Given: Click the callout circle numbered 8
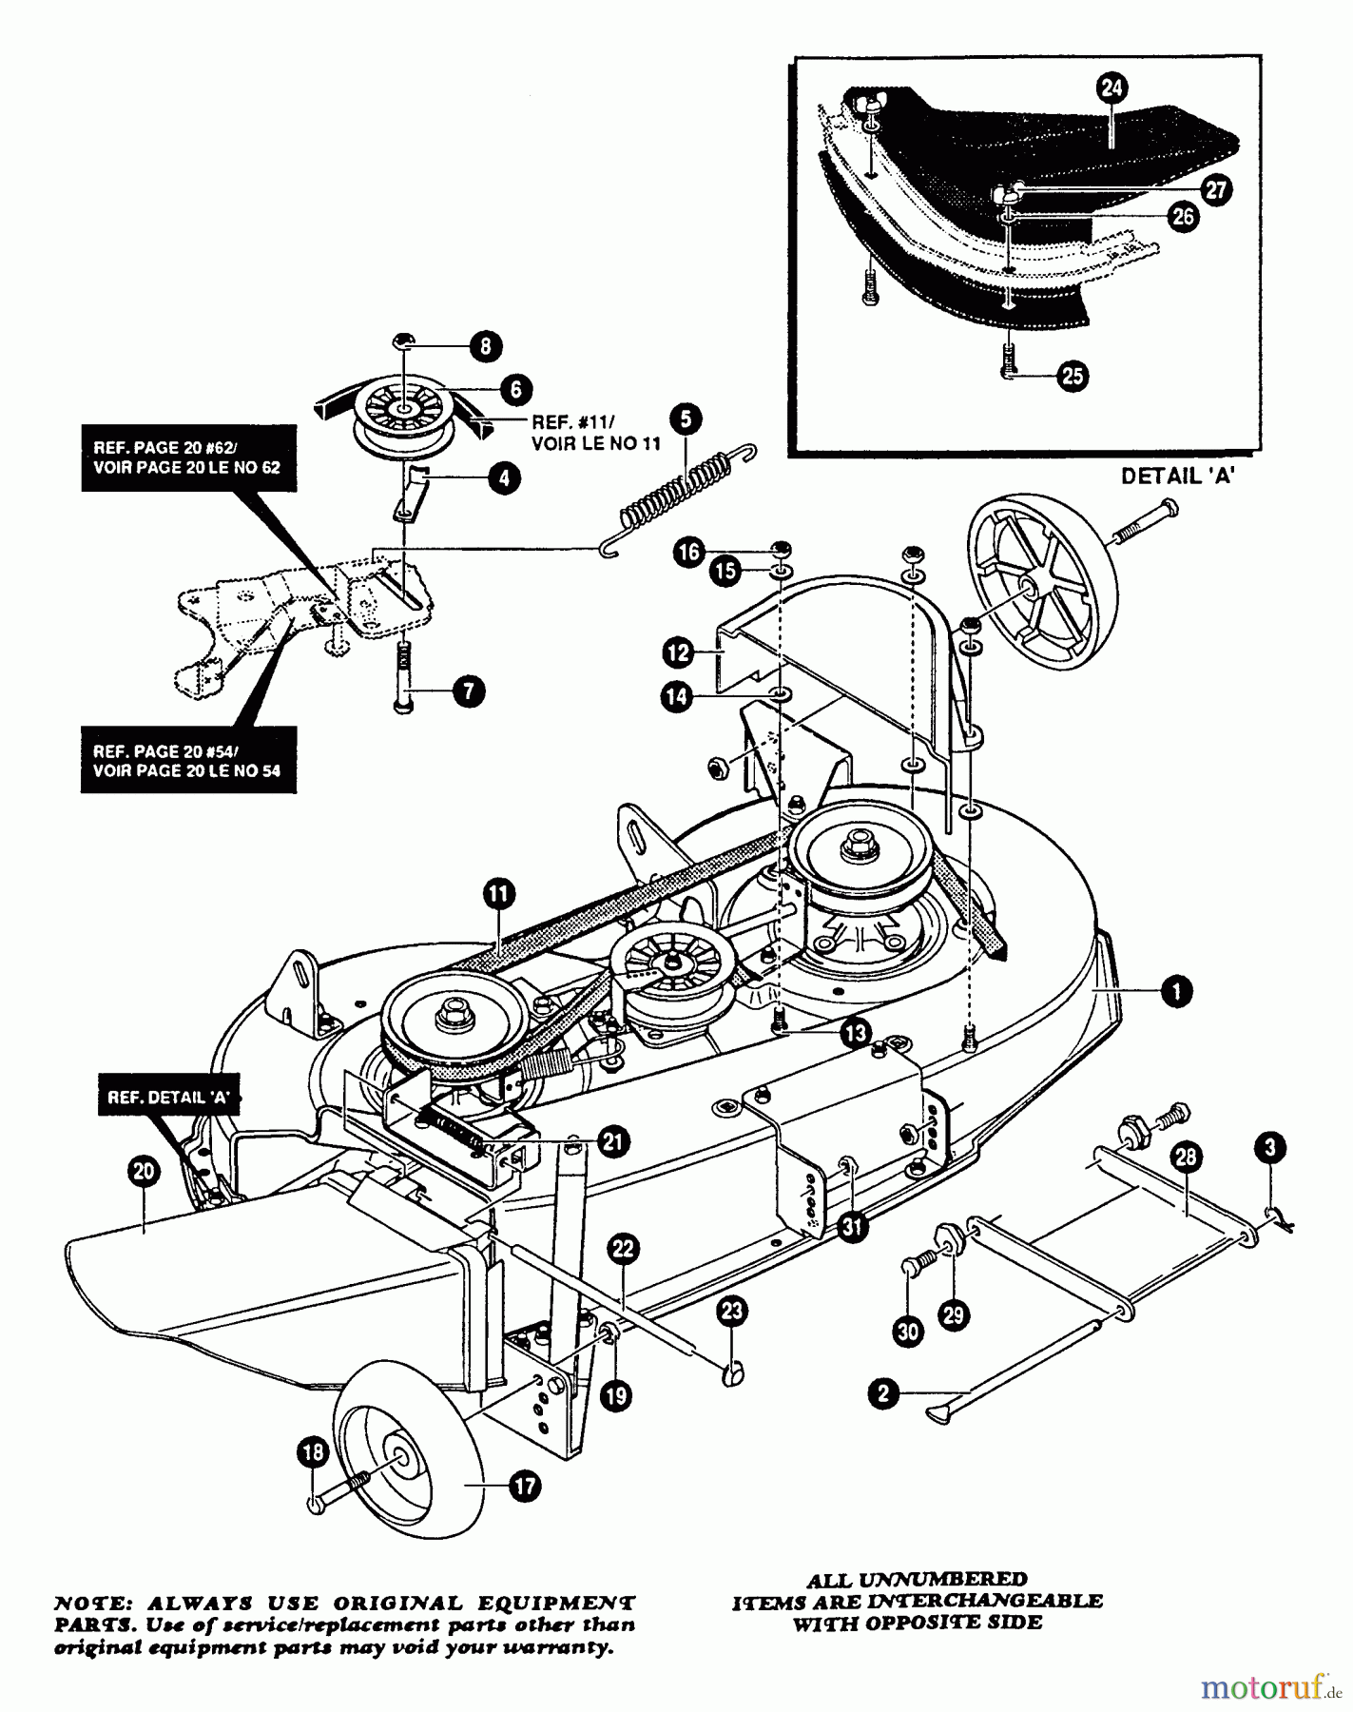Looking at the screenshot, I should coord(485,346).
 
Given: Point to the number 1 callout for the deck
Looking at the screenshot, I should coord(1177,991).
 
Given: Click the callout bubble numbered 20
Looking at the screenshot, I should coord(143,1173).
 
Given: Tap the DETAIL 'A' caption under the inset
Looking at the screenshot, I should coord(1177,477).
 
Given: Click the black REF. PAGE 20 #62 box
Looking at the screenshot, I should coord(187,457).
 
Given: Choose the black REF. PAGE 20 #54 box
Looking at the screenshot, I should coord(187,760).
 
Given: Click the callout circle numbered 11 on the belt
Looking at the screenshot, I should coord(498,893).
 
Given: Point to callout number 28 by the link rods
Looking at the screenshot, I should coord(1188,1158).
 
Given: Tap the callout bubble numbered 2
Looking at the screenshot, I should coord(883,1394).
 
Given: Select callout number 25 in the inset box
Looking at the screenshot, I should coord(1072,376).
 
